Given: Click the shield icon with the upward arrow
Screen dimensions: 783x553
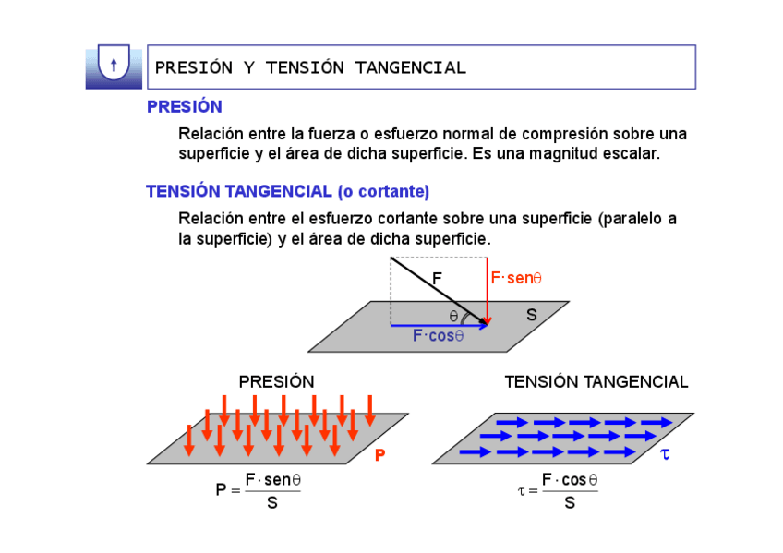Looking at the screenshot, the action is pos(113,66).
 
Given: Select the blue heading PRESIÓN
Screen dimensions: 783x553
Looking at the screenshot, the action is pos(184,107).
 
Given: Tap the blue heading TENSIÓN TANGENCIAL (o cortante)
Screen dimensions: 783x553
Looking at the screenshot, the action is pos(287,192).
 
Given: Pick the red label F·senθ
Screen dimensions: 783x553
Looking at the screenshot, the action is pos(515,277).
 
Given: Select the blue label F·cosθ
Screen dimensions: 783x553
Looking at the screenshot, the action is pos(438,336).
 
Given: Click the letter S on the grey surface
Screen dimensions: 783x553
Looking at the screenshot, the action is pos(531,315).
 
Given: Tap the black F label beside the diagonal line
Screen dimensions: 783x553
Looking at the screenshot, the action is pos(437,277).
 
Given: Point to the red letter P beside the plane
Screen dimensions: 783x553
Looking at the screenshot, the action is pos(379,455).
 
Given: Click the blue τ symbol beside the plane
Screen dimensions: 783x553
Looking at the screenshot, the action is pos(665,454).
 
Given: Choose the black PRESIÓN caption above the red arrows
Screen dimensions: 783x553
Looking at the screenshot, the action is pos(276,381).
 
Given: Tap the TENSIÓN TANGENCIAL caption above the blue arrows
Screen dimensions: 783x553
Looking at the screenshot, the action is pos(596,381).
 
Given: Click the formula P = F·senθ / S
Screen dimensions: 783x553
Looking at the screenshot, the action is pos(259,490).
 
